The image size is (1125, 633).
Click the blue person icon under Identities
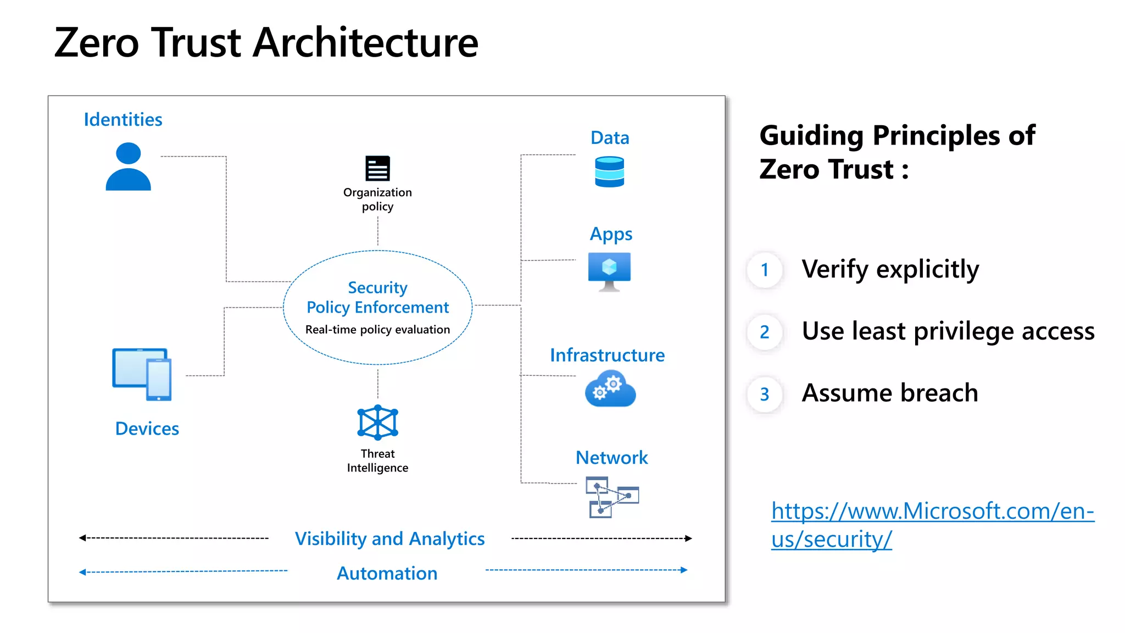pos(128,167)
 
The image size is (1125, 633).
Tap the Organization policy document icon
pos(377,168)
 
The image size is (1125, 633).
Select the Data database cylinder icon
pos(609,172)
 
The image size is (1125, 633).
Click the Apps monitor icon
pos(609,271)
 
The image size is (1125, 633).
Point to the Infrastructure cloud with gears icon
pos(610,388)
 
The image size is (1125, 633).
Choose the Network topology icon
pos(611,497)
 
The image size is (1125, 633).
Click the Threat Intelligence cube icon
pos(377,423)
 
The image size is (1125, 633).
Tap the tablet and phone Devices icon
pos(142,374)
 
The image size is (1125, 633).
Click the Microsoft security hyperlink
pos(932,525)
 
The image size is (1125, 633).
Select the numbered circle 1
pos(764,270)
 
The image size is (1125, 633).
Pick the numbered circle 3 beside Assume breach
pos(764,394)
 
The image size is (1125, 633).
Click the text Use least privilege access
pos(948,331)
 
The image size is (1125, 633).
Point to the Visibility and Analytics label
pos(389,538)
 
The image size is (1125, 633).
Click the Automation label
pos(387,573)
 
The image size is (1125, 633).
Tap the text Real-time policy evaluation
pos(377,330)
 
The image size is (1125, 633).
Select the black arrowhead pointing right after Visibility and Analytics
pos(688,538)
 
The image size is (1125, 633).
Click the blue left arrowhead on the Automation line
pos(82,572)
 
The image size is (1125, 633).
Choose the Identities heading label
pos(122,119)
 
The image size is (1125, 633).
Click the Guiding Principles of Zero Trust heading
pos(896,152)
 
